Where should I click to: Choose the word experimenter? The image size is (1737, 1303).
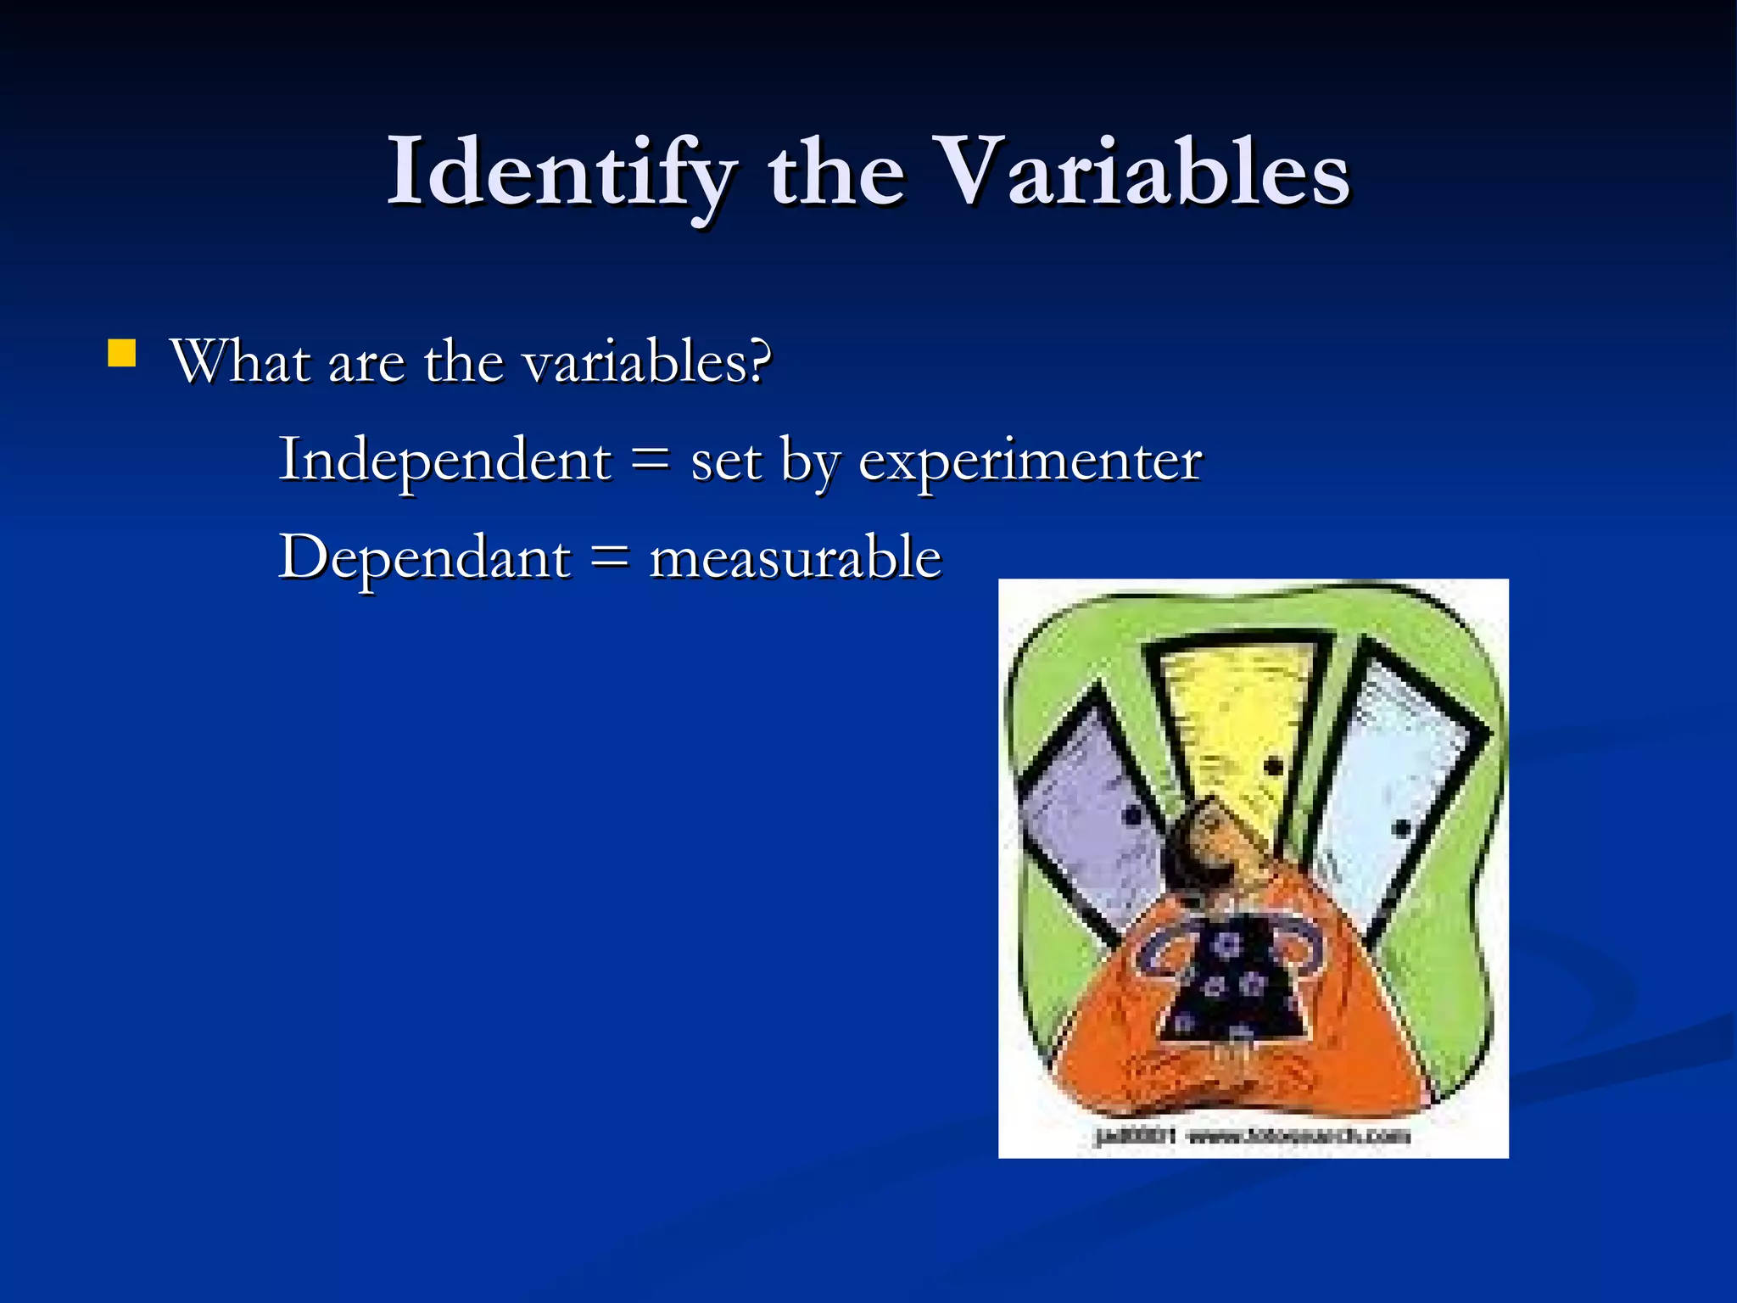pos(1030,462)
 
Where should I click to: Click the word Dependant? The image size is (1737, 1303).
pos(425,558)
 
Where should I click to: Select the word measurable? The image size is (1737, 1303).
pos(795,559)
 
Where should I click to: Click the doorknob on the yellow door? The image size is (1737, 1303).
pos(1273,767)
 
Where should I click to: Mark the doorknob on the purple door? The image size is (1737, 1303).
pos(1132,817)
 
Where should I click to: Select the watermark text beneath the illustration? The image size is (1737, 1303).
pos(1253,1136)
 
